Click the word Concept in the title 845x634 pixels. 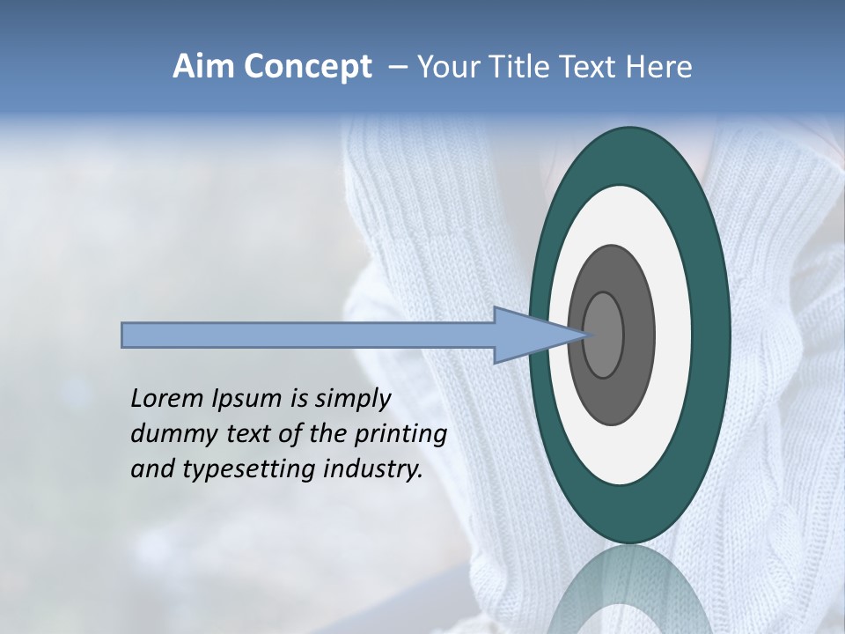308,67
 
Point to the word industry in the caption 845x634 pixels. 374,470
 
